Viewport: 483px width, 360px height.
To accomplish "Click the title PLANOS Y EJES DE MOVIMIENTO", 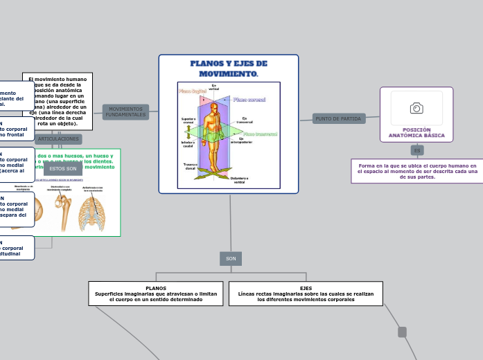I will tap(229, 69).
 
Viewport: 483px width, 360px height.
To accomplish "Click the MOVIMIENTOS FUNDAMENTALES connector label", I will tap(126, 111).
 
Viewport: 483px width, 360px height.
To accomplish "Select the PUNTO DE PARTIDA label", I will tap(338, 118).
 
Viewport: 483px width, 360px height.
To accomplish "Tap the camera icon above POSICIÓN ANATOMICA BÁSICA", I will tap(416, 108).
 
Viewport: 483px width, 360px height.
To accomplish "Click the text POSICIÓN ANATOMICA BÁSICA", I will tap(416, 133).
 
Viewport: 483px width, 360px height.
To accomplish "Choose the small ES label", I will tap(417, 150).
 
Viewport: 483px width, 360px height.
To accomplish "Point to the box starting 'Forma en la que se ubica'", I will tap(417, 171).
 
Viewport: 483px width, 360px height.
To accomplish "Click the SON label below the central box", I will tap(231, 258).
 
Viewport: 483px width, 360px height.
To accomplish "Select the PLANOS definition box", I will tap(156, 294).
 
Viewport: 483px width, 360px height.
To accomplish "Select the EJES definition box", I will tap(306, 294).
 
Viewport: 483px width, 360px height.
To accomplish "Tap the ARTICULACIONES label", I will tap(58, 139).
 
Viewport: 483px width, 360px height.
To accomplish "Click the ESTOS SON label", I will tap(63, 168).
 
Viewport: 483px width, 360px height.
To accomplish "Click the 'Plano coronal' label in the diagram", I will tap(249, 100).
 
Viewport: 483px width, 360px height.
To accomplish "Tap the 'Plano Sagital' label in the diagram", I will tap(193, 91).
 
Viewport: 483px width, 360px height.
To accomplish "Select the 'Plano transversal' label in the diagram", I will tap(260, 134).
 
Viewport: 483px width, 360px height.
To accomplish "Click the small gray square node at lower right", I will tap(402, 332).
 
